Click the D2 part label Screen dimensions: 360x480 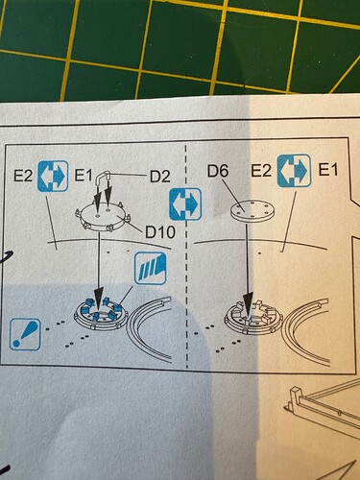point(159,177)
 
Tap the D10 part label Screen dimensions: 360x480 point(160,232)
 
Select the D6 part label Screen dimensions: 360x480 point(218,171)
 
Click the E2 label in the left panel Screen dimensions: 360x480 point(23,176)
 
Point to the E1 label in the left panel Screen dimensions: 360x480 point(84,176)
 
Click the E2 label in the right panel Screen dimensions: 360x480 point(261,171)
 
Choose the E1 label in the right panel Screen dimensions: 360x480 point(328,170)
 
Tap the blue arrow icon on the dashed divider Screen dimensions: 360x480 point(185,204)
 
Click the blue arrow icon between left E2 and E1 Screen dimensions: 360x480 point(53,176)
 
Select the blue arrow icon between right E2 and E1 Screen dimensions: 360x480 point(294,171)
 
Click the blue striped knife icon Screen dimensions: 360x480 point(151,268)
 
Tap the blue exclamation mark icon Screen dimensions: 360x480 point(25,334)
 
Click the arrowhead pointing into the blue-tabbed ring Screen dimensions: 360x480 point(99,297)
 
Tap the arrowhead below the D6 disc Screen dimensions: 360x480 point(249,301)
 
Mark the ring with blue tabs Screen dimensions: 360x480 point(101,314)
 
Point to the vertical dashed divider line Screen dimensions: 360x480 point(186,256)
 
